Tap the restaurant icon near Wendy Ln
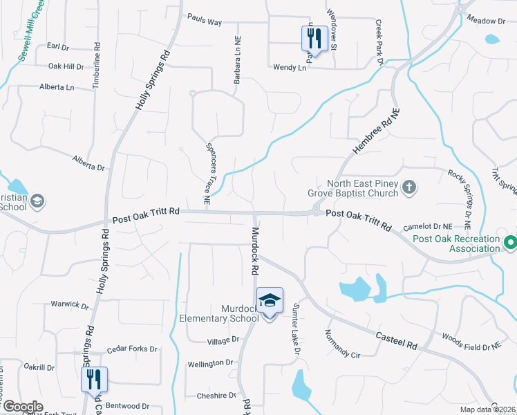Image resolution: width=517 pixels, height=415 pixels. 314,38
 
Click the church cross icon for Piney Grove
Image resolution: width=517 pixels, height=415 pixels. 409,186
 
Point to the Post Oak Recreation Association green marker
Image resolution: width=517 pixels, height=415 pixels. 510,243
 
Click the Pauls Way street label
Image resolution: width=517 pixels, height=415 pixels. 205,22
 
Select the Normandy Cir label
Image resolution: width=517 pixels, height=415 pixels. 344,346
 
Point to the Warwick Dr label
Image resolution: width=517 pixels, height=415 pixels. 70,304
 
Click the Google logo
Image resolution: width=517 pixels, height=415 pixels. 22,406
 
